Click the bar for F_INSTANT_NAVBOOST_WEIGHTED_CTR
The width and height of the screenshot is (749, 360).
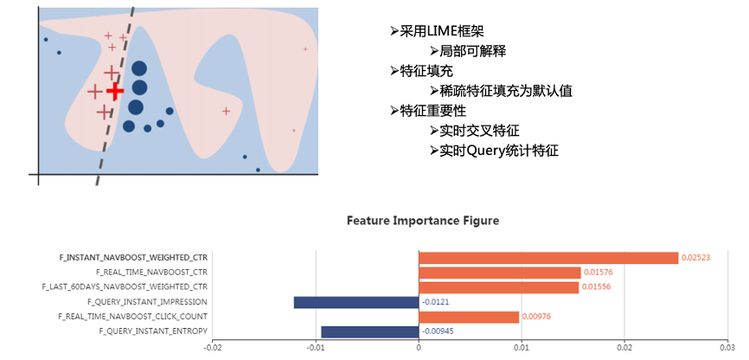548,258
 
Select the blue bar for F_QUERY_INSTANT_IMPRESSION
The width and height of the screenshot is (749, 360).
356,302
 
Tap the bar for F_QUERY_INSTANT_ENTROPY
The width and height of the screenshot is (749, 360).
370,331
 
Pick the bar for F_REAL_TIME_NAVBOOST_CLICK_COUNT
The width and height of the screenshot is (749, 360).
469,317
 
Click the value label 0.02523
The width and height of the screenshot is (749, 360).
696,258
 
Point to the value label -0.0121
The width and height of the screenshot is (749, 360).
436,302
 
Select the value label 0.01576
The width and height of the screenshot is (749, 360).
598,273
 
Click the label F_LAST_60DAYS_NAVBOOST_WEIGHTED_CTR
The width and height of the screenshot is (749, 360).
125,287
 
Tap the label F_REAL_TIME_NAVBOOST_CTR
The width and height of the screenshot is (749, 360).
152,273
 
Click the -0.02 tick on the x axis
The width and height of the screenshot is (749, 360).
213,346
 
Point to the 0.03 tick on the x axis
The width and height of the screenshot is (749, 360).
727,346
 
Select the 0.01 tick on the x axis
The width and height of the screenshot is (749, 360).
522,346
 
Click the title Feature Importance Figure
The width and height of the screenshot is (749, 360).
423,221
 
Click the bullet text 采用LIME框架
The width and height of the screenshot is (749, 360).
441,32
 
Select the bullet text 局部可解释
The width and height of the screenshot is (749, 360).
472,51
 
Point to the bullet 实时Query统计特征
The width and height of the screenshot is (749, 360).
498,151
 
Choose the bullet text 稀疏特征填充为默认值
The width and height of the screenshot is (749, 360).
505,91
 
